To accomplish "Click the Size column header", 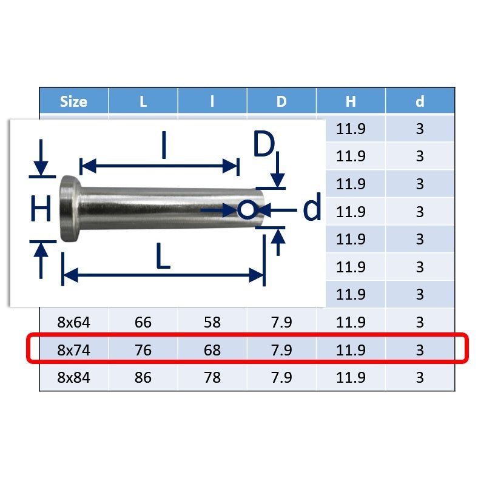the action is pos(73,101).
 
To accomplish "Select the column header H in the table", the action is pos(351,101).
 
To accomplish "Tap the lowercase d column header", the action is pos(420,101).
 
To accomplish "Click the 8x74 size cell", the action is pos(73,350).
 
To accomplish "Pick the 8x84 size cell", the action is pos(73,377).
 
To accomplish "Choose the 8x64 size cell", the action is pos(73,322).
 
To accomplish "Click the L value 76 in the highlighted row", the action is pos(143,350).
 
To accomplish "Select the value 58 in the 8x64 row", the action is pos(212,322).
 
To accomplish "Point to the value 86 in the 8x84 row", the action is pos(143,377).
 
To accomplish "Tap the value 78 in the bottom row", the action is pos(212,377).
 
